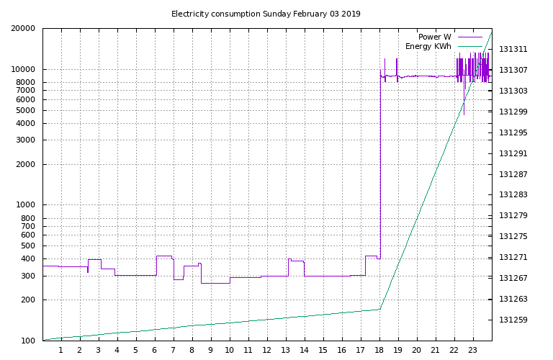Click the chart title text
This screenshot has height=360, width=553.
click(x=266, y=14)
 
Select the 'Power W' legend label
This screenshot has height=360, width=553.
click(x=434, y=37)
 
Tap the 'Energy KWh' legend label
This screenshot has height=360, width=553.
click(x=428, y=46)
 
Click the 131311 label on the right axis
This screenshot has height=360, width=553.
click(x=513, y=50)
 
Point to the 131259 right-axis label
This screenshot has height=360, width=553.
click(x=513, y=320)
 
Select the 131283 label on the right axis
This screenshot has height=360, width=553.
click(x=513, y=194)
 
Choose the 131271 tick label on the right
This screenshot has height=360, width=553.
click(x=513, y=257)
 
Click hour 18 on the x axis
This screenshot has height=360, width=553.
click(x=379, y=351)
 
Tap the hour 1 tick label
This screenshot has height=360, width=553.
click(x=61, y=351)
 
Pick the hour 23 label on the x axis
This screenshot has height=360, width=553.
click(x=473, y=351)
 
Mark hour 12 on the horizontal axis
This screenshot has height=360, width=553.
click(x=267, y=351)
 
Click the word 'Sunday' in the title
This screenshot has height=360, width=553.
click(x=276, y=14)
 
